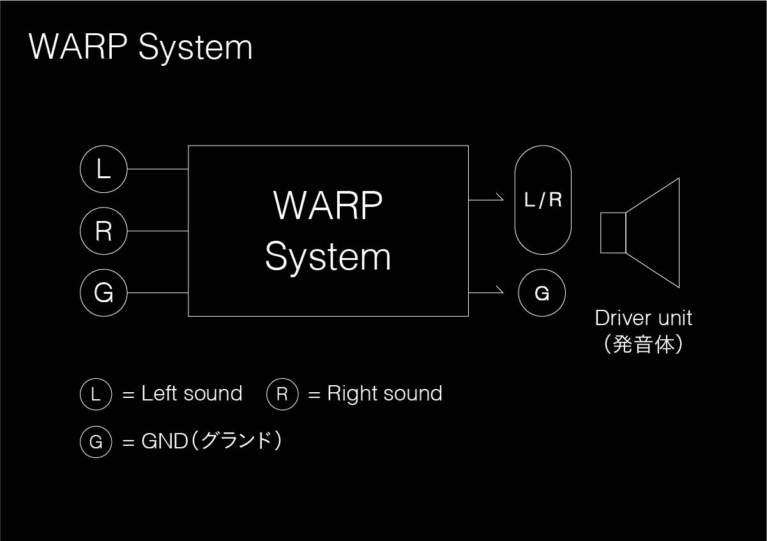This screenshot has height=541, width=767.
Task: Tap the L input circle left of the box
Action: click(103, 169)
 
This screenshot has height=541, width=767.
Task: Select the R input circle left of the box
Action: click(103, 231)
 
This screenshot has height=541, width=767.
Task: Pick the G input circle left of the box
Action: click(103, 293)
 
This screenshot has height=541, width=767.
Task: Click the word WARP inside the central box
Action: click(328, 205)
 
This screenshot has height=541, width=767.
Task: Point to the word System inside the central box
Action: click(328, 257)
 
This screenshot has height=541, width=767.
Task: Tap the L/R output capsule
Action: click(543, 200)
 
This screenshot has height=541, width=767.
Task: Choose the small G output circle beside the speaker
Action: click(542, 293)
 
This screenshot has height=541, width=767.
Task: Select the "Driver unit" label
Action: click(643, 317)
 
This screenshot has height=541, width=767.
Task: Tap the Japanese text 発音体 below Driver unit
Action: click(643, 345)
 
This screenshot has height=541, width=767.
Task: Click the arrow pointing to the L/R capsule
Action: click(487, 199)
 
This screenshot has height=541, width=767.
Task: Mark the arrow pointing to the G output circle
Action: click(487, 293)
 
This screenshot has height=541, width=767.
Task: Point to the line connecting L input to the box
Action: click(157, 169)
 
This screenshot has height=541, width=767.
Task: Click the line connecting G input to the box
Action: click(157, 293)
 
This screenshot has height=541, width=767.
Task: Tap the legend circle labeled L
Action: click(96, 394)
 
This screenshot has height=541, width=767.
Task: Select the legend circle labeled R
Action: click(282, 394)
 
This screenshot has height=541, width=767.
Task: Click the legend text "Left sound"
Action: click(192, 393)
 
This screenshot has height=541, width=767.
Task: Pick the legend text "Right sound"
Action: click(384, 393)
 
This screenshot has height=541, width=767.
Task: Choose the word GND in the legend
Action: click(165, 441)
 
